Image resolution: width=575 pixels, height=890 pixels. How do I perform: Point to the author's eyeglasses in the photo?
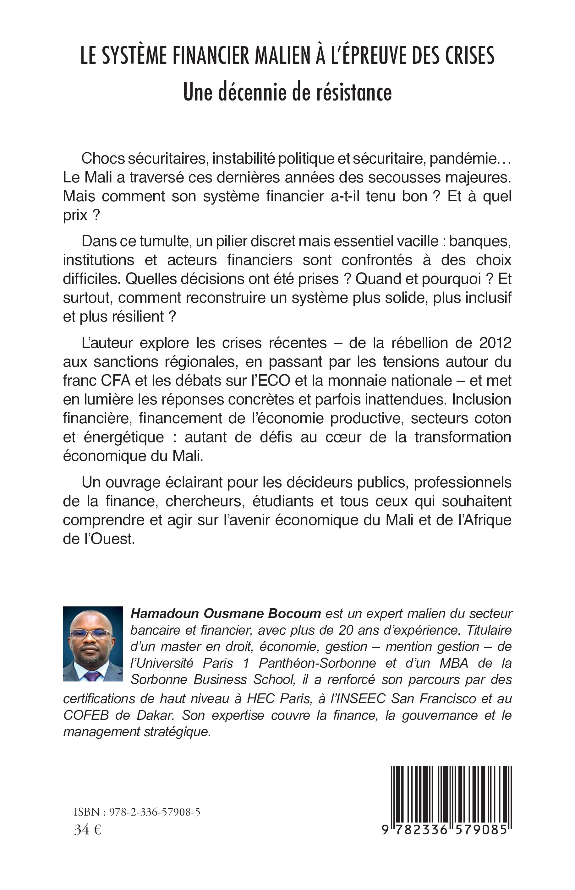point(91,633)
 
